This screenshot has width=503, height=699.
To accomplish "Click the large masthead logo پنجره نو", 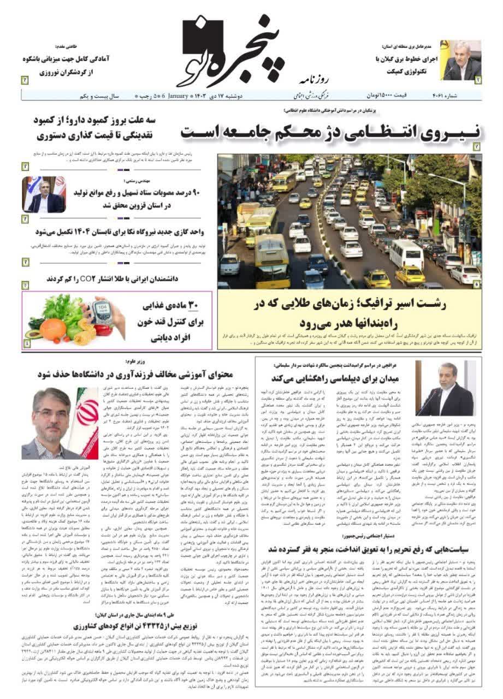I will pos(235,46).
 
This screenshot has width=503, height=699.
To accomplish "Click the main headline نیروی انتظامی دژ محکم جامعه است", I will pos(330,132).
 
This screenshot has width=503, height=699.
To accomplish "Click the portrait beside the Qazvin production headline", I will pos(44,194).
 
